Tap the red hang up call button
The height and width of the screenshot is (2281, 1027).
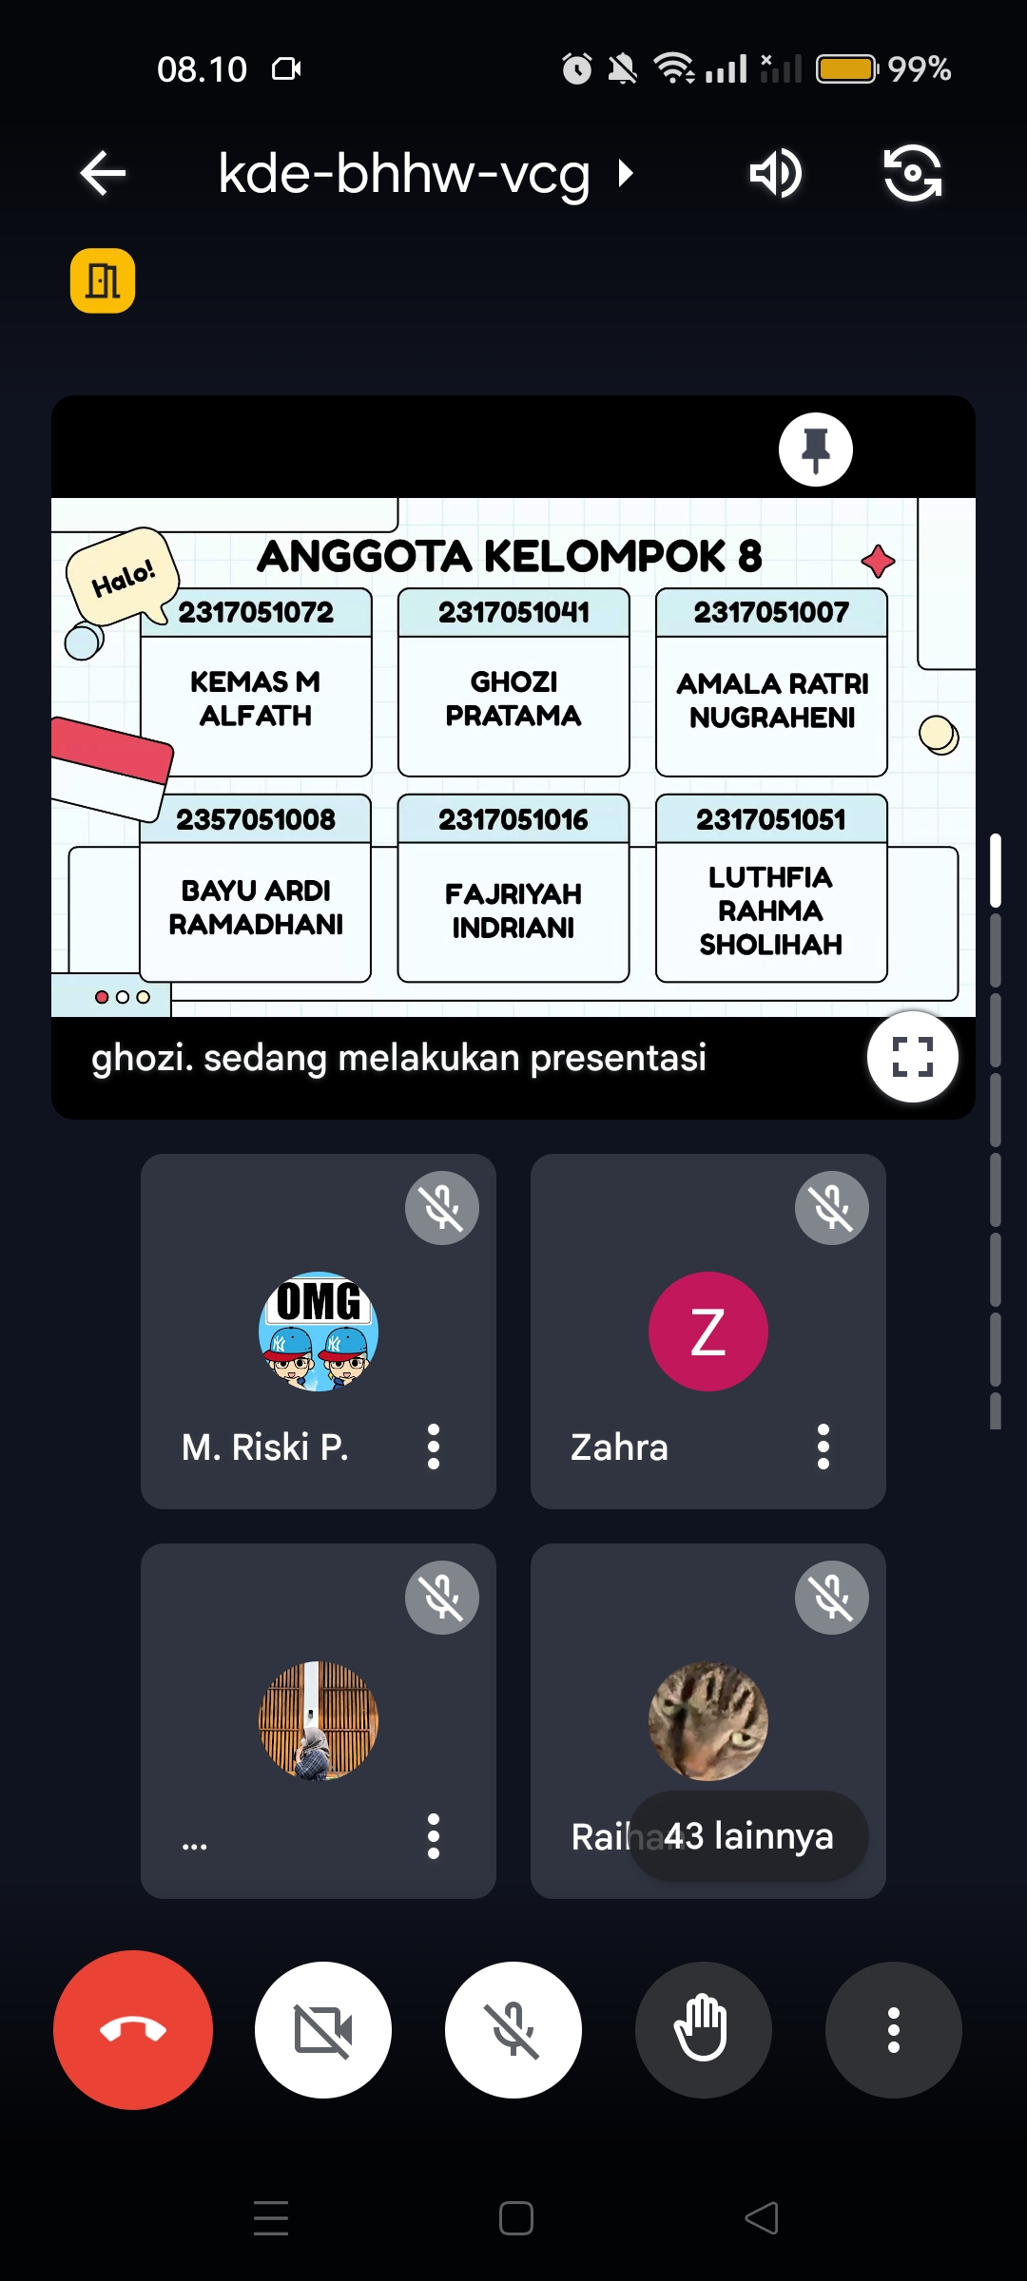click(x=133, y=2029)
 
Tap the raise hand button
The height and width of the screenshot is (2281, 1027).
click(x=703, y=2029)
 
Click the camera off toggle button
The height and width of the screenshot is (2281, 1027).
click(x=323, y=2029)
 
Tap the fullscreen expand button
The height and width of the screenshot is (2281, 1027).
click(x=912, y=1056)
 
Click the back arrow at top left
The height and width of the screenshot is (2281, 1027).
click(x=103, y=173)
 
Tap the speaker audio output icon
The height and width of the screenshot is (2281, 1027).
click(x=775, y=173)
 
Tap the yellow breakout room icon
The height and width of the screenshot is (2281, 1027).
click(x=103, y=281)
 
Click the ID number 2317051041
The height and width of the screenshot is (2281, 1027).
click(x=513, y=612)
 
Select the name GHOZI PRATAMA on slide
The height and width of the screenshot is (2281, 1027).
click(x=513, y=699)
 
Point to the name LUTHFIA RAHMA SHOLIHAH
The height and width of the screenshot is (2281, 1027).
click(x=770, y=910)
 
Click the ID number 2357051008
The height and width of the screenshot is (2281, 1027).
click(x=256, y=819)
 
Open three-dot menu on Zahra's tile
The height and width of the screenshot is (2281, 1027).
click(x=824, y=1447)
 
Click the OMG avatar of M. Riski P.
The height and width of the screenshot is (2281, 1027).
click(x=319, y=1331)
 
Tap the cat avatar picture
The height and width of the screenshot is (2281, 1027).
click(x=707, y=1720)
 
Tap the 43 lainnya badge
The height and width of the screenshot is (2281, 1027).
click(x=748, y=1835)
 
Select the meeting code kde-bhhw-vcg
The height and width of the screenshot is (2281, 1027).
click(x=404, y=173)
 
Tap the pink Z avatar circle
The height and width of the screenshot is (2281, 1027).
click(x=707, y=1331)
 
